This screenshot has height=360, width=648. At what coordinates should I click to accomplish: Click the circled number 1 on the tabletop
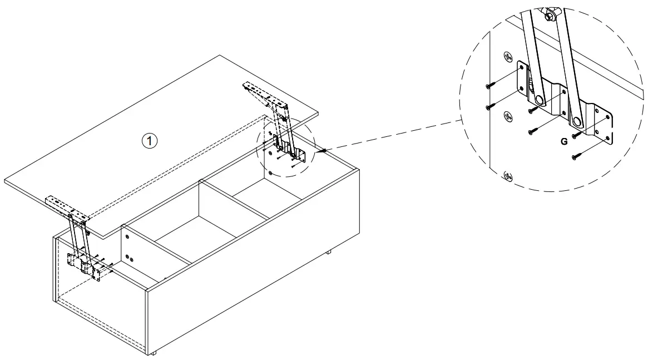point(150,141)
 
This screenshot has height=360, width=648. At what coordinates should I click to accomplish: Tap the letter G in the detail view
point(563,141)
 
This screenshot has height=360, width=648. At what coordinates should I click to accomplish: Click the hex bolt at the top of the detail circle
point(549,17)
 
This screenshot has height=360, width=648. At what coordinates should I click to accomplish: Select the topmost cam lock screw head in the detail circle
point(507,57)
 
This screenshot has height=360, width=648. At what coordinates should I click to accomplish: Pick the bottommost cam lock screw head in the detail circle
point(508,176)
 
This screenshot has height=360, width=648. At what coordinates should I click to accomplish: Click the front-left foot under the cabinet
point(154,353)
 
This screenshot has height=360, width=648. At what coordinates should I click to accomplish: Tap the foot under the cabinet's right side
point(329,251)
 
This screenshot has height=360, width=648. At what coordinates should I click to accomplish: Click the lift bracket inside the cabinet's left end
point(85,264)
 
